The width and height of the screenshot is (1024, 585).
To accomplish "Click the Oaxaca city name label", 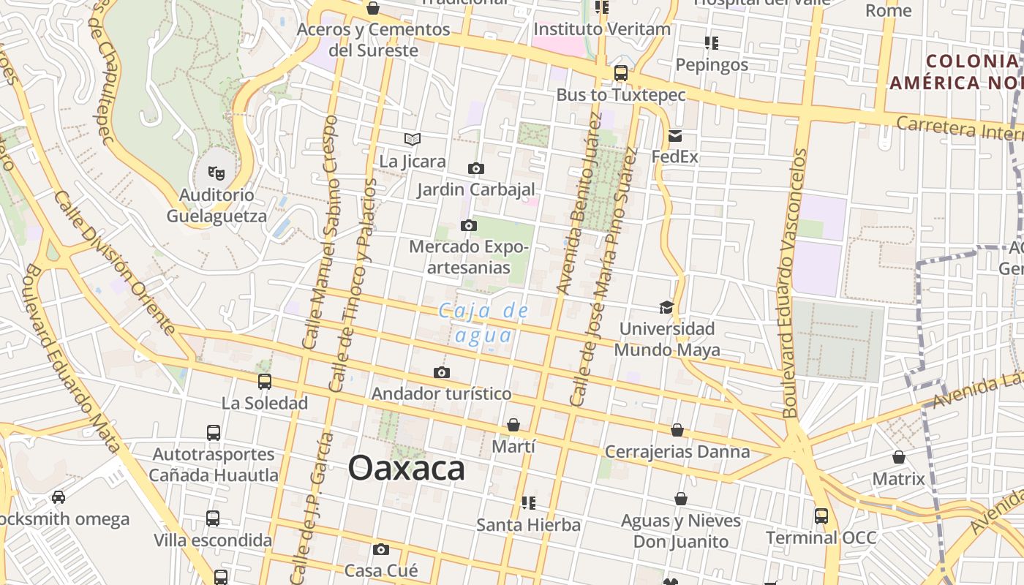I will pyautogui.click(x=406, y=468).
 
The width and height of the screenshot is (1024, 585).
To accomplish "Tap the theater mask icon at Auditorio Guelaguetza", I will pyautogui.click(x=216, y=173).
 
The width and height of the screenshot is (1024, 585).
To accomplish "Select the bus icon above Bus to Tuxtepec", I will pyautogui.click(x=621, y=72).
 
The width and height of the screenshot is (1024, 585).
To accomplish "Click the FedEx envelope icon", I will pyautogui.click(x=674, y=135).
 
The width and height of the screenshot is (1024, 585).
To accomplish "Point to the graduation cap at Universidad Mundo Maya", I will pyautogui.click(x=666, y=307).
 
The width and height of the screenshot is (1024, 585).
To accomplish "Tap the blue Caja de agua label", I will pyautogui.click(x=483, y=322).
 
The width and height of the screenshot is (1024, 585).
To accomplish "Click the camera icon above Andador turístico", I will pyautogui.click(x=441, y=372).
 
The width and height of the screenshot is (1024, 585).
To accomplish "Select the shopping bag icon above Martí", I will pyautogui.click(x=513, y=425).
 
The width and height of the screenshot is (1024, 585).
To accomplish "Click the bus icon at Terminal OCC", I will pyautogui.click(x=821, y=516).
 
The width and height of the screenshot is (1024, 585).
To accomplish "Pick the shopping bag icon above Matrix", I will pyautogui.click(x=899, y=457).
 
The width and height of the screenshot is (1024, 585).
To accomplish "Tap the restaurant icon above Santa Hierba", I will pyautogui.click(x=528, y=502).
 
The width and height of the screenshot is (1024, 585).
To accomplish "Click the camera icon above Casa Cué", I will pyautogui.click(x=380, y=549).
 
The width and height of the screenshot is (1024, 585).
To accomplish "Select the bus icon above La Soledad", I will pyautogui.click(x=265, y=381).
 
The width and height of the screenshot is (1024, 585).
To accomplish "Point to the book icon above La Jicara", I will pyautogui.click(x=413, y=139).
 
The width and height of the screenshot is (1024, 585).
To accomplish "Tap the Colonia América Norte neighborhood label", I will pyautogui.click(x=955, y=71).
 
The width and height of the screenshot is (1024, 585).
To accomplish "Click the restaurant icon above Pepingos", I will pyautogui.click(x=711, y=42).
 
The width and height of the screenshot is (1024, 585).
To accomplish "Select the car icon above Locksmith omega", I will pyautogui.click(x=59, y=497).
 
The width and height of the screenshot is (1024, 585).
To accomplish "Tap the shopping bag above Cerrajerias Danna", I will pyautogui.click(x=677, y=430).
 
